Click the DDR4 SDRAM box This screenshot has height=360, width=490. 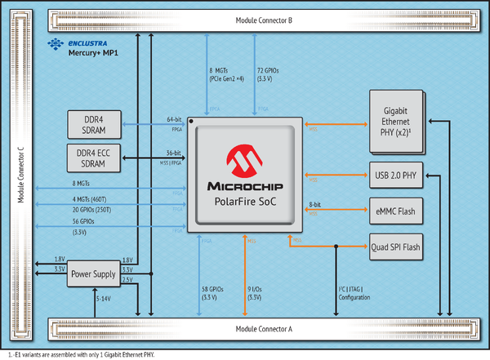pos(97,126)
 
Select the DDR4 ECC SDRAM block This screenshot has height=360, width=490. pos(97,158)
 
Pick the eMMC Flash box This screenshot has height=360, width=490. pos(395,211)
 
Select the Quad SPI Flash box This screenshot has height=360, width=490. pos(395,246)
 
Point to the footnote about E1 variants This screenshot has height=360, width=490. pos(81,354)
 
